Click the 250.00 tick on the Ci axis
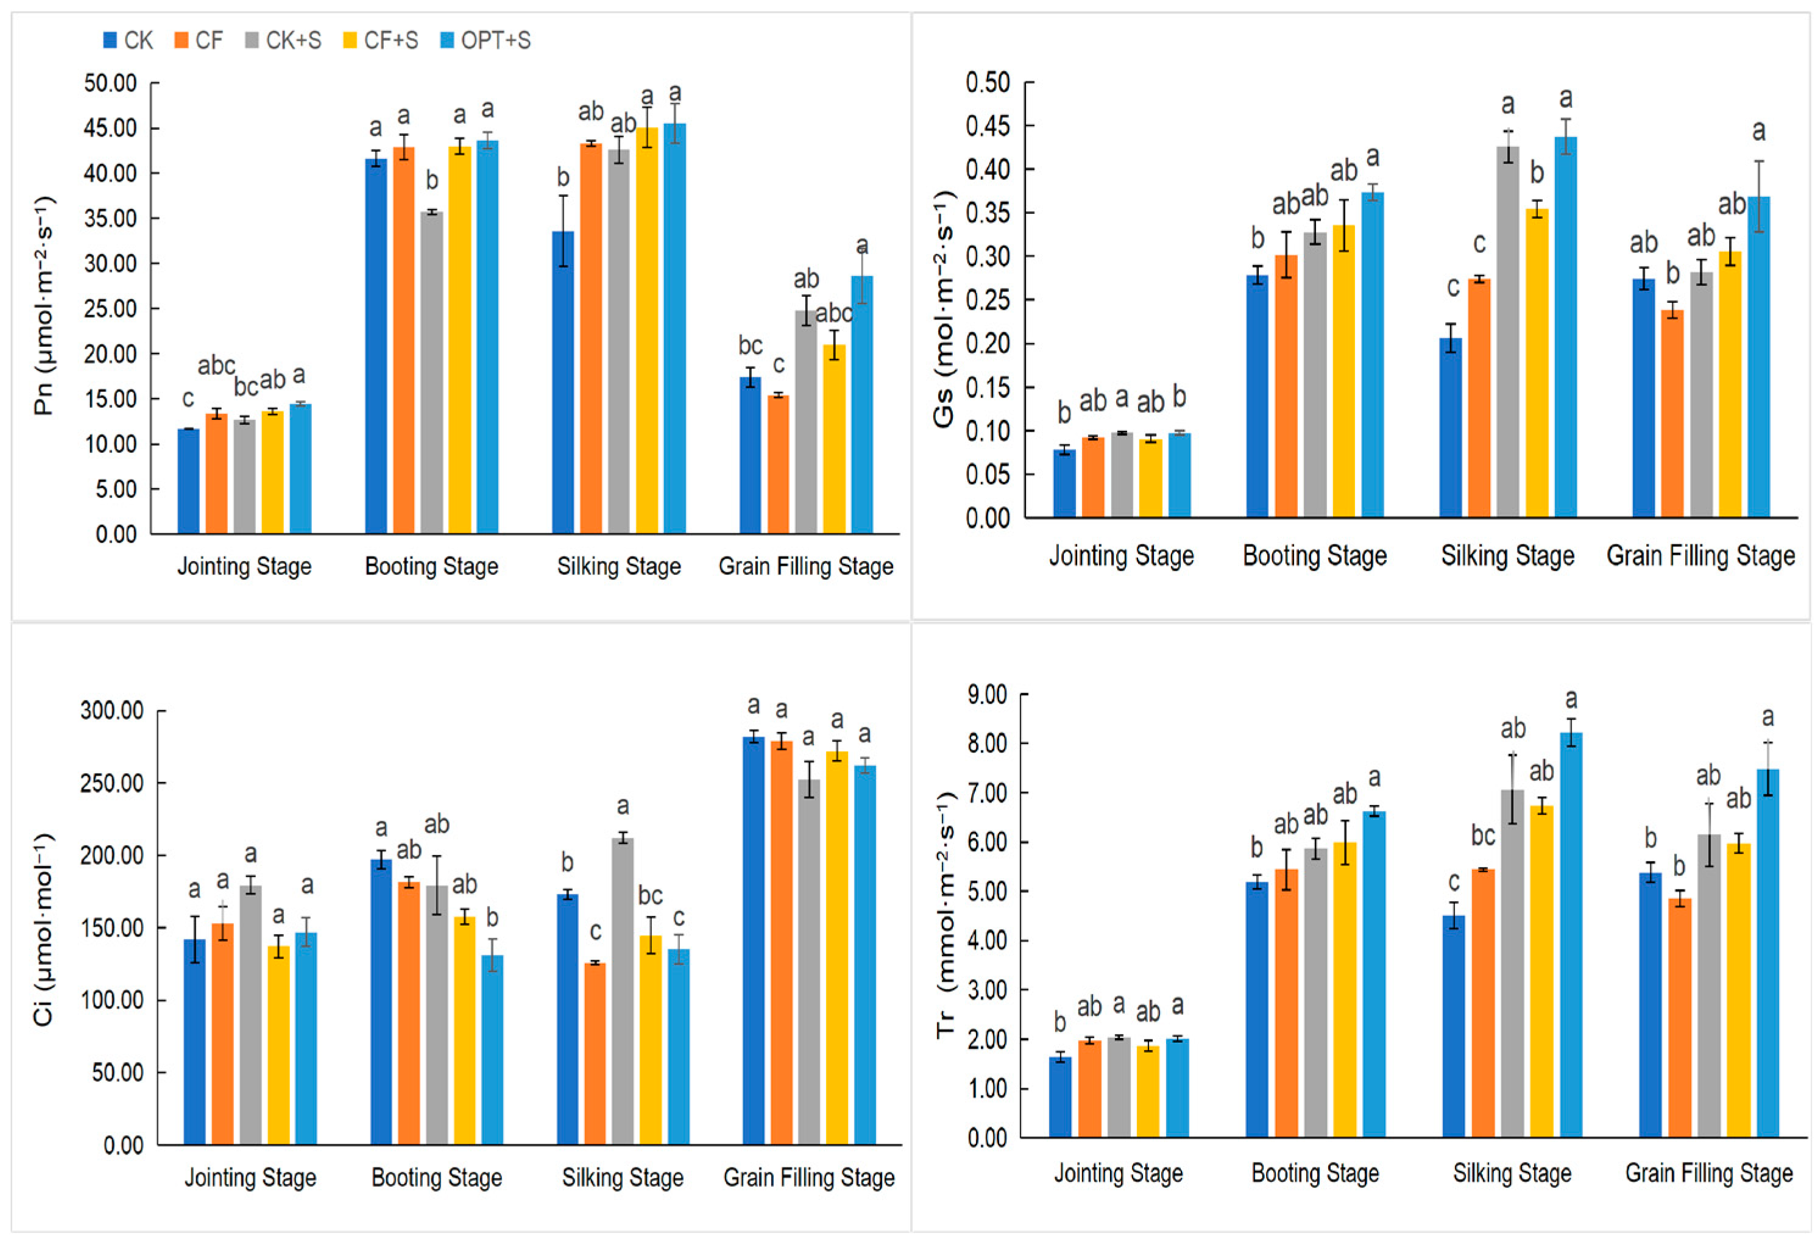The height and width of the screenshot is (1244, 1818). pyautogui.click(x=112, y=783)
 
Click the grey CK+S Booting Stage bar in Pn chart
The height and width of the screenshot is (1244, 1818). pyautogui.click(x=432, y=372)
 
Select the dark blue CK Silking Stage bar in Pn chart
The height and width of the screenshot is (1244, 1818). pyautogui.click(x=563, y=383)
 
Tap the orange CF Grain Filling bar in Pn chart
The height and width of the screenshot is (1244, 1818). pyautogui.click(x=779, y=464)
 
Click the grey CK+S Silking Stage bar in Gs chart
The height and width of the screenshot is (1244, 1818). pyautogui.click(x=1509, y=332)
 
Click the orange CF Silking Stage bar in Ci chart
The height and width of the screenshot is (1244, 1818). pyautogui.click(x=595, y=1054)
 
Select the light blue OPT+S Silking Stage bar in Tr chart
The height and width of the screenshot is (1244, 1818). pyautogui.click(x=1572, y=935)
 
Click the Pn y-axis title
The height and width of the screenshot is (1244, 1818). pyautogui.click(x=44, y=305)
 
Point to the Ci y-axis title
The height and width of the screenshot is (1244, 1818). pyautogui.click(x=44, y=929)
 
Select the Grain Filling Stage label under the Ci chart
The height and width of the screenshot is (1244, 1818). pyautogui.click(x=809, y=1178)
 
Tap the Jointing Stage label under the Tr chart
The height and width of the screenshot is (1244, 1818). pyautogui.click(x=1119, y=1173)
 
